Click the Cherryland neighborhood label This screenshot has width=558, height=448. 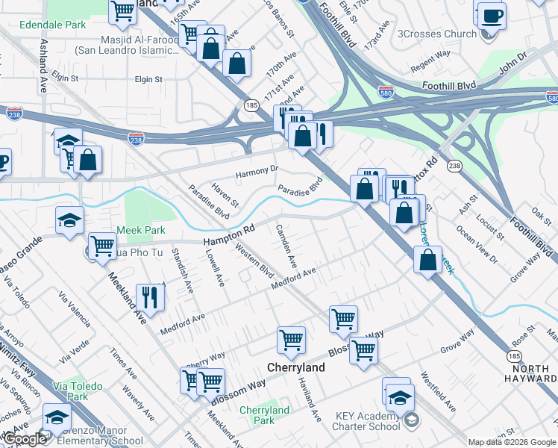[x=296, y=368]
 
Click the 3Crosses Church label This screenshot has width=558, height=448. [x=437, y=34]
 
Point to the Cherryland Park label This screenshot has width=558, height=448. [x=264, y=415]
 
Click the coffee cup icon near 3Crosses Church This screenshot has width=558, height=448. [x=491, y=15]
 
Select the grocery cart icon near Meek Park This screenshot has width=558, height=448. [x=102, y=245]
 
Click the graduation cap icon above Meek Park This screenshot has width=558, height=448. [x=69, y=220]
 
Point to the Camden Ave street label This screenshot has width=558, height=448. [x=286, y=246]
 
